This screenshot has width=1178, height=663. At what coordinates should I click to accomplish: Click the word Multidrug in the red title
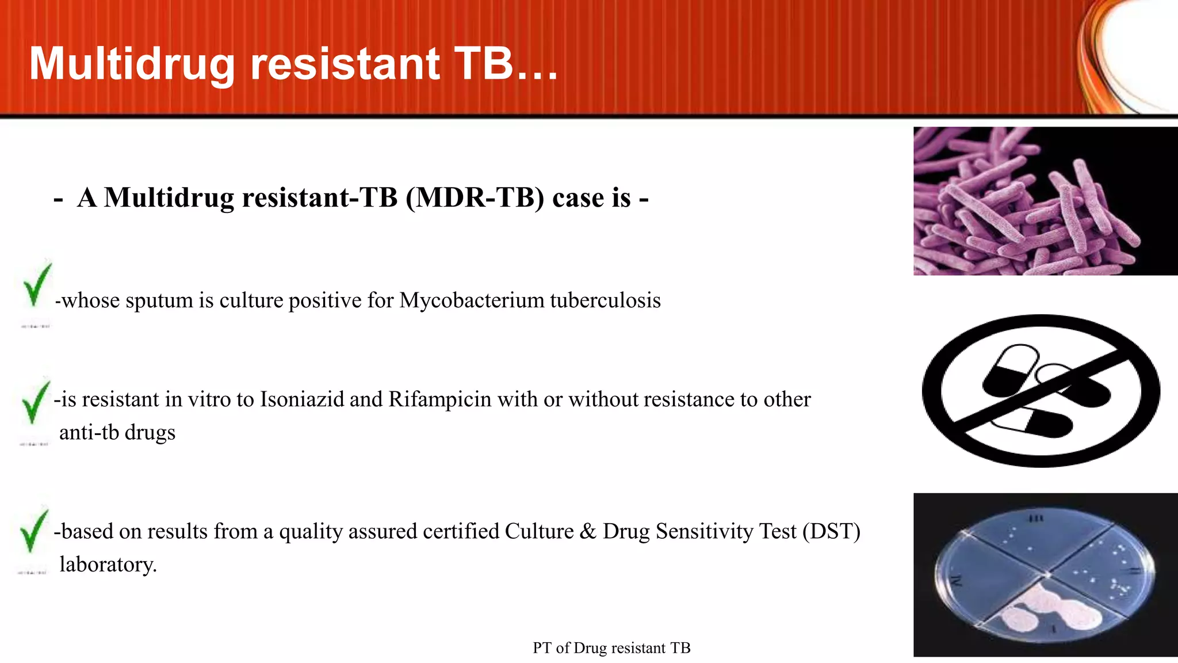click(132, 64)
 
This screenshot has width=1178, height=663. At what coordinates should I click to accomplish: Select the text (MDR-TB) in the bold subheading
click(475, 197)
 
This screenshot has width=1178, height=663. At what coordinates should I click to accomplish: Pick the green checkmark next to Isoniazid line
click(35, 403)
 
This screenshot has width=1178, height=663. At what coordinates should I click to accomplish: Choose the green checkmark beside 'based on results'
click(33, 532)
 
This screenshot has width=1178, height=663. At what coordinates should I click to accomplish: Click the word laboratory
click(108, 565)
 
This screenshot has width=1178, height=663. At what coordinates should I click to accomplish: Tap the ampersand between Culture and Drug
click(588, 531)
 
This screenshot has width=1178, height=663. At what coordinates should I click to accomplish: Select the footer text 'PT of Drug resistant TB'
click(611, 648)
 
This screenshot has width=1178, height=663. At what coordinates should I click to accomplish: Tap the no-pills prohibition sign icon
click(1041, 391)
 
